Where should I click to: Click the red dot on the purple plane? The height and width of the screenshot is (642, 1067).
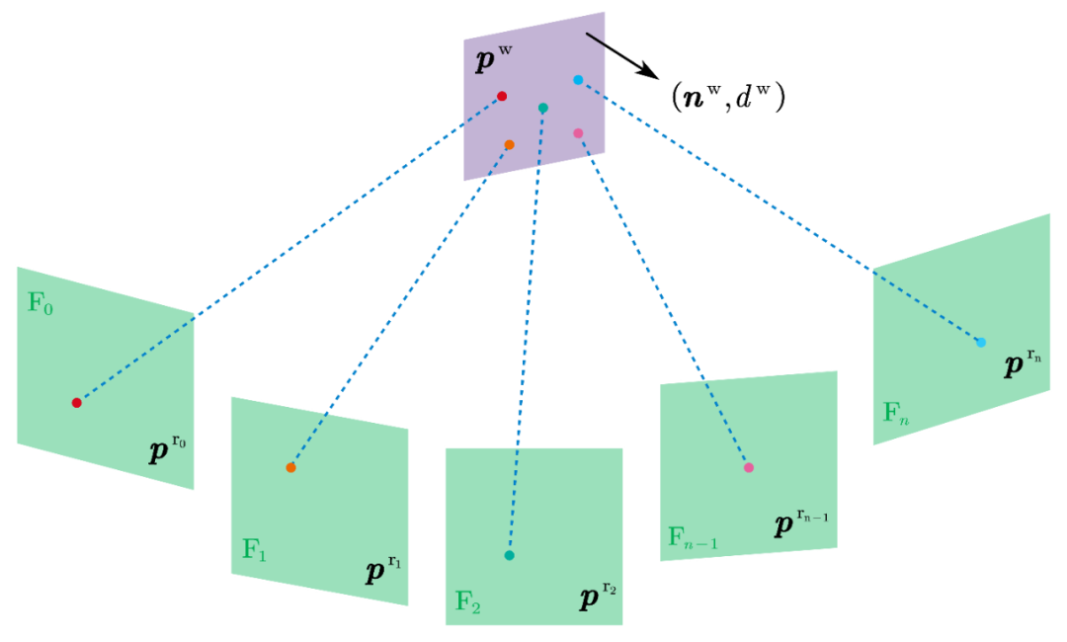tap(502, 96)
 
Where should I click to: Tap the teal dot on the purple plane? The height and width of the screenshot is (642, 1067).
tap(543, 108)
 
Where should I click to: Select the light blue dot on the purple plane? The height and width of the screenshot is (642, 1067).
tap(578, 80)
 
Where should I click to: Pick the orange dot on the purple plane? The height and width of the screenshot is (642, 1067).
tap(509, 145)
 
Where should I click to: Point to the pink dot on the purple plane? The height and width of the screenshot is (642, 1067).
tap(578, 133)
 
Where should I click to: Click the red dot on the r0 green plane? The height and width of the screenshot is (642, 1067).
tap(76, 402)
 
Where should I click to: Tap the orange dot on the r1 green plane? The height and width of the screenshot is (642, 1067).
tap(290, 467)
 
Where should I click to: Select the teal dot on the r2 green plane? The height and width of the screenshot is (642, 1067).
tap(509, 556)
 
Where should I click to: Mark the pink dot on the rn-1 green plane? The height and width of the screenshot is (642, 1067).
tap(748, 467)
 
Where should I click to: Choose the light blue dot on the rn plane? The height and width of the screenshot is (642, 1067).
tap(981, 343)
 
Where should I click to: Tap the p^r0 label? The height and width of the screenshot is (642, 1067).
tap(167, 449)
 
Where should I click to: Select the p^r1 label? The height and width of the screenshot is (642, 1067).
tap(383, 569)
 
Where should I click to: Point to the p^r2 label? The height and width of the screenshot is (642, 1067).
tap(598, 596)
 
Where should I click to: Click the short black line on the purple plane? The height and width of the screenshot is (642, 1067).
tap(596, 40)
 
